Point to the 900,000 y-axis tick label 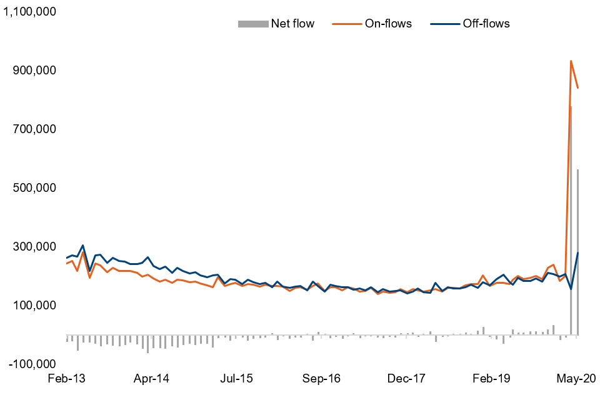click(x=34, y=71)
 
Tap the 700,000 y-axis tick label click(x=34, y=129)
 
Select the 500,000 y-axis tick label click(x=34, y=188)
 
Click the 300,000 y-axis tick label click(x=34, y=247)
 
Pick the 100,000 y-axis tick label click(x=34, y=306)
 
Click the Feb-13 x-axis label click(x=66, y=379)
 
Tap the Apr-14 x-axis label click(x=152, y=379)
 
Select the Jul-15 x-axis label click(x=237, y=379)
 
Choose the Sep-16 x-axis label click(x=322, y=379)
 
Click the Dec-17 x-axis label click(x=407, y=379)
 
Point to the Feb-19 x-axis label click(x=492, y=379)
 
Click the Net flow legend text click(x=292, y=24)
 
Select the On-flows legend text click(x=388, y=24)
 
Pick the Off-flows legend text click(x=486, y=24)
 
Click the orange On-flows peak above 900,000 click(x=571, y=61)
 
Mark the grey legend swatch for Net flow click(x=252, y=24)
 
